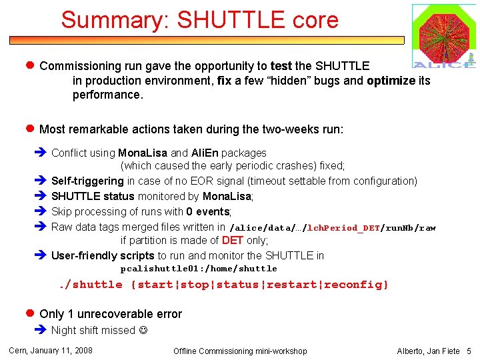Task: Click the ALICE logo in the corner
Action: (x=444, y=36)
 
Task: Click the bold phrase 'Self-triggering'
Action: (x=87, y=181)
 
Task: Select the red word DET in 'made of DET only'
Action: (x=233, y=241)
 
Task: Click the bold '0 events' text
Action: (x=208, y=211)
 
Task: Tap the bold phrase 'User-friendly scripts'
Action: (x=103, y=255)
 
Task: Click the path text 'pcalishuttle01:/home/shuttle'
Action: (x=199, y=269)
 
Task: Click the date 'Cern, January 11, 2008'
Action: (x=50, y=350)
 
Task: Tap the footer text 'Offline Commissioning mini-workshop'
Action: (x=240, y=351)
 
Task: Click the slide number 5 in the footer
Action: (x=469, y=351)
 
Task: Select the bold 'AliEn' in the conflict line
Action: (x=205, y=153)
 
